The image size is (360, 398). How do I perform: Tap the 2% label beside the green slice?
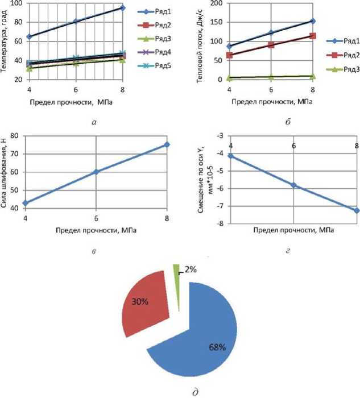[189, 271]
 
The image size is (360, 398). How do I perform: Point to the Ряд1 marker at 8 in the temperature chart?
[122, 7]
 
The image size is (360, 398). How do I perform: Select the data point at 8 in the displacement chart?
[357, 210]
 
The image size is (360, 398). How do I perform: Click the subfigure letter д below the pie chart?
[180, 390]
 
